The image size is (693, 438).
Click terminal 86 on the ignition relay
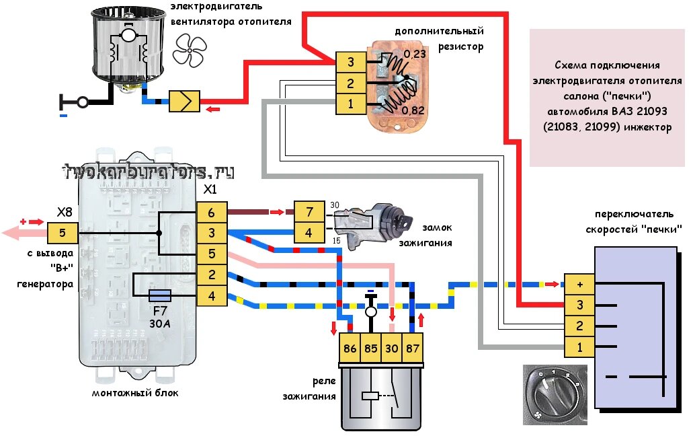[350, 349]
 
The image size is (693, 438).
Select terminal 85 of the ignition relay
[370, 349]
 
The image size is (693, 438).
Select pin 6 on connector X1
[211, 213]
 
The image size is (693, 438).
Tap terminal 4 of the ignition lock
[309, 233]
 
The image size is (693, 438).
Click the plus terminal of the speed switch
[579, 285]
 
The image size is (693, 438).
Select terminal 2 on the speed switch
[579, 326]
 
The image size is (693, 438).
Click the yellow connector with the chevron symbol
[184, 102]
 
